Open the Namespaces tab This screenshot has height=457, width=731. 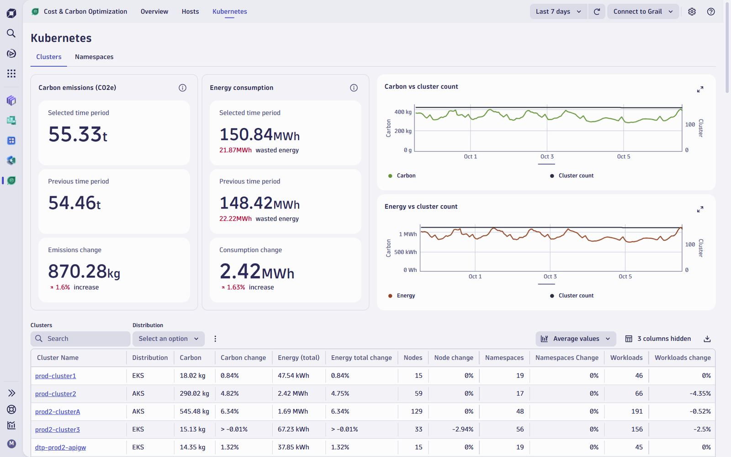coord(94,57)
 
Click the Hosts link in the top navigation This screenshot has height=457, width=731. coord(190,11)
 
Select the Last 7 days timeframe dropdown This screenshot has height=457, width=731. coord(558,11)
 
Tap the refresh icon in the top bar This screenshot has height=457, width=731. coord(597,11)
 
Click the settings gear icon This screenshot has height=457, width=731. coord(692,11)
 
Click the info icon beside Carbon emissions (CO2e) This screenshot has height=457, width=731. coord(182,87)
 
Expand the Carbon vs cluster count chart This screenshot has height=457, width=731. coord(700,89)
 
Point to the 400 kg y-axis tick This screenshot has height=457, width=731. coord(403,112)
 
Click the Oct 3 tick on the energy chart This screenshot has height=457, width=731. coord(550,276)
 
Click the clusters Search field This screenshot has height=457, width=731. coord(80,339)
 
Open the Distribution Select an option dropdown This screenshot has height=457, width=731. coord(169,339)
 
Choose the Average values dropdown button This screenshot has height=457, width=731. coord(576,339)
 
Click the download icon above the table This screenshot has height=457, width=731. coord(707,339)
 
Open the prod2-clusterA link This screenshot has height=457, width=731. coord(58,412)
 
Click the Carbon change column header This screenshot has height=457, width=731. coord(243,357)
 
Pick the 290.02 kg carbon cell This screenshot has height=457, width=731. coord(194,393)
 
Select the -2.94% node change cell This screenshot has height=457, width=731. coord(462,429)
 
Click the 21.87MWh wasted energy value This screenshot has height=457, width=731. coord(235,150)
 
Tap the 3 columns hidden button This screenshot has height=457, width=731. coord(658,339)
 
